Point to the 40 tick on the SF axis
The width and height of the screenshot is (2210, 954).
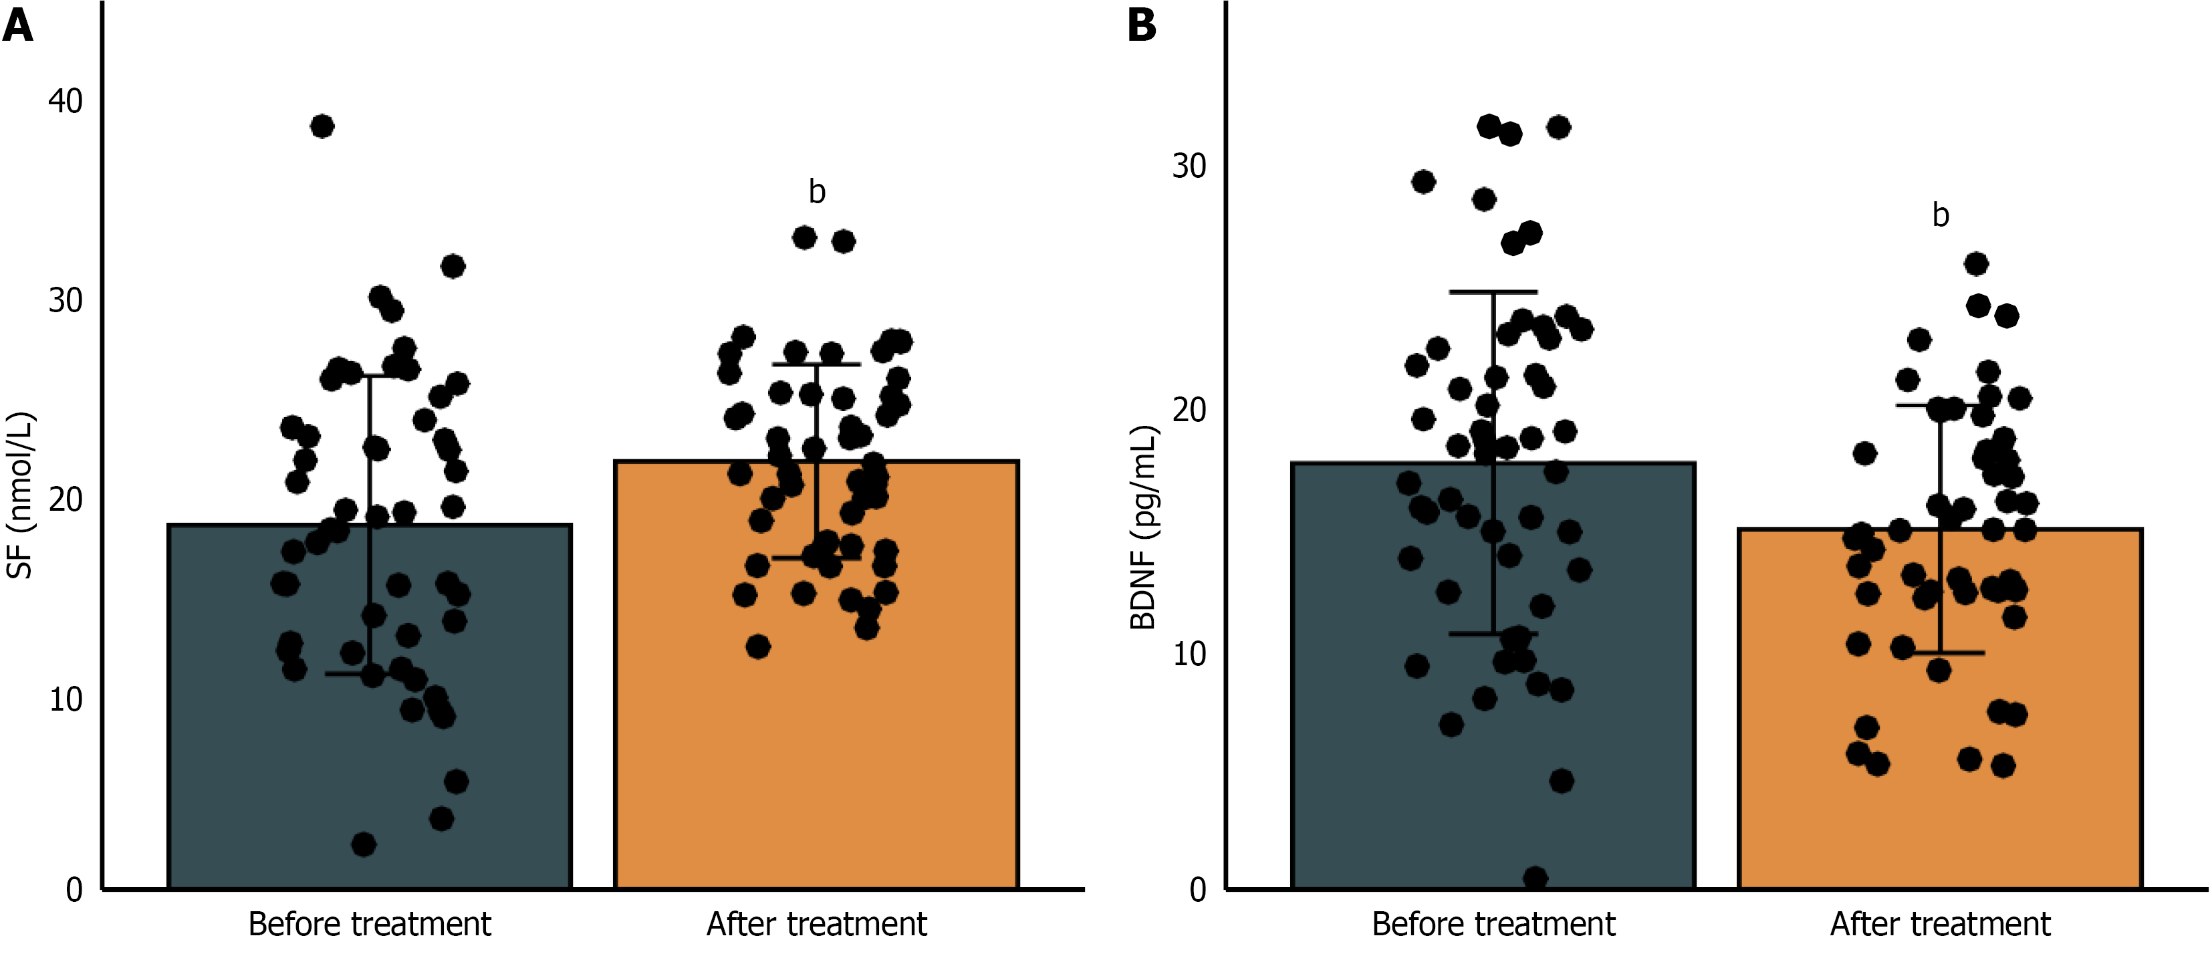[66, 101]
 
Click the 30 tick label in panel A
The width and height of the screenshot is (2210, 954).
[66, 300]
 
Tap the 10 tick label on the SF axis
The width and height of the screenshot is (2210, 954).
[66, 699]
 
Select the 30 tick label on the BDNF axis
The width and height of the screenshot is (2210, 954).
[1189, 166]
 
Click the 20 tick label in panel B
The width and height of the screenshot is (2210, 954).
[1189, 410]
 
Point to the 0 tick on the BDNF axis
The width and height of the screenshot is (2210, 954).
[1198, 890]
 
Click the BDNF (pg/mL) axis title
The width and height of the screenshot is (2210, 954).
[1144, 527]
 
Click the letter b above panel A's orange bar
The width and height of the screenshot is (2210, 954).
[817, 191]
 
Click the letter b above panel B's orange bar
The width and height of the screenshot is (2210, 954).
[1941, 215]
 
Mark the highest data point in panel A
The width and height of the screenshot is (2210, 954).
[322, 126]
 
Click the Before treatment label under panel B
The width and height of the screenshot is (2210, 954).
[1493, 925]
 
